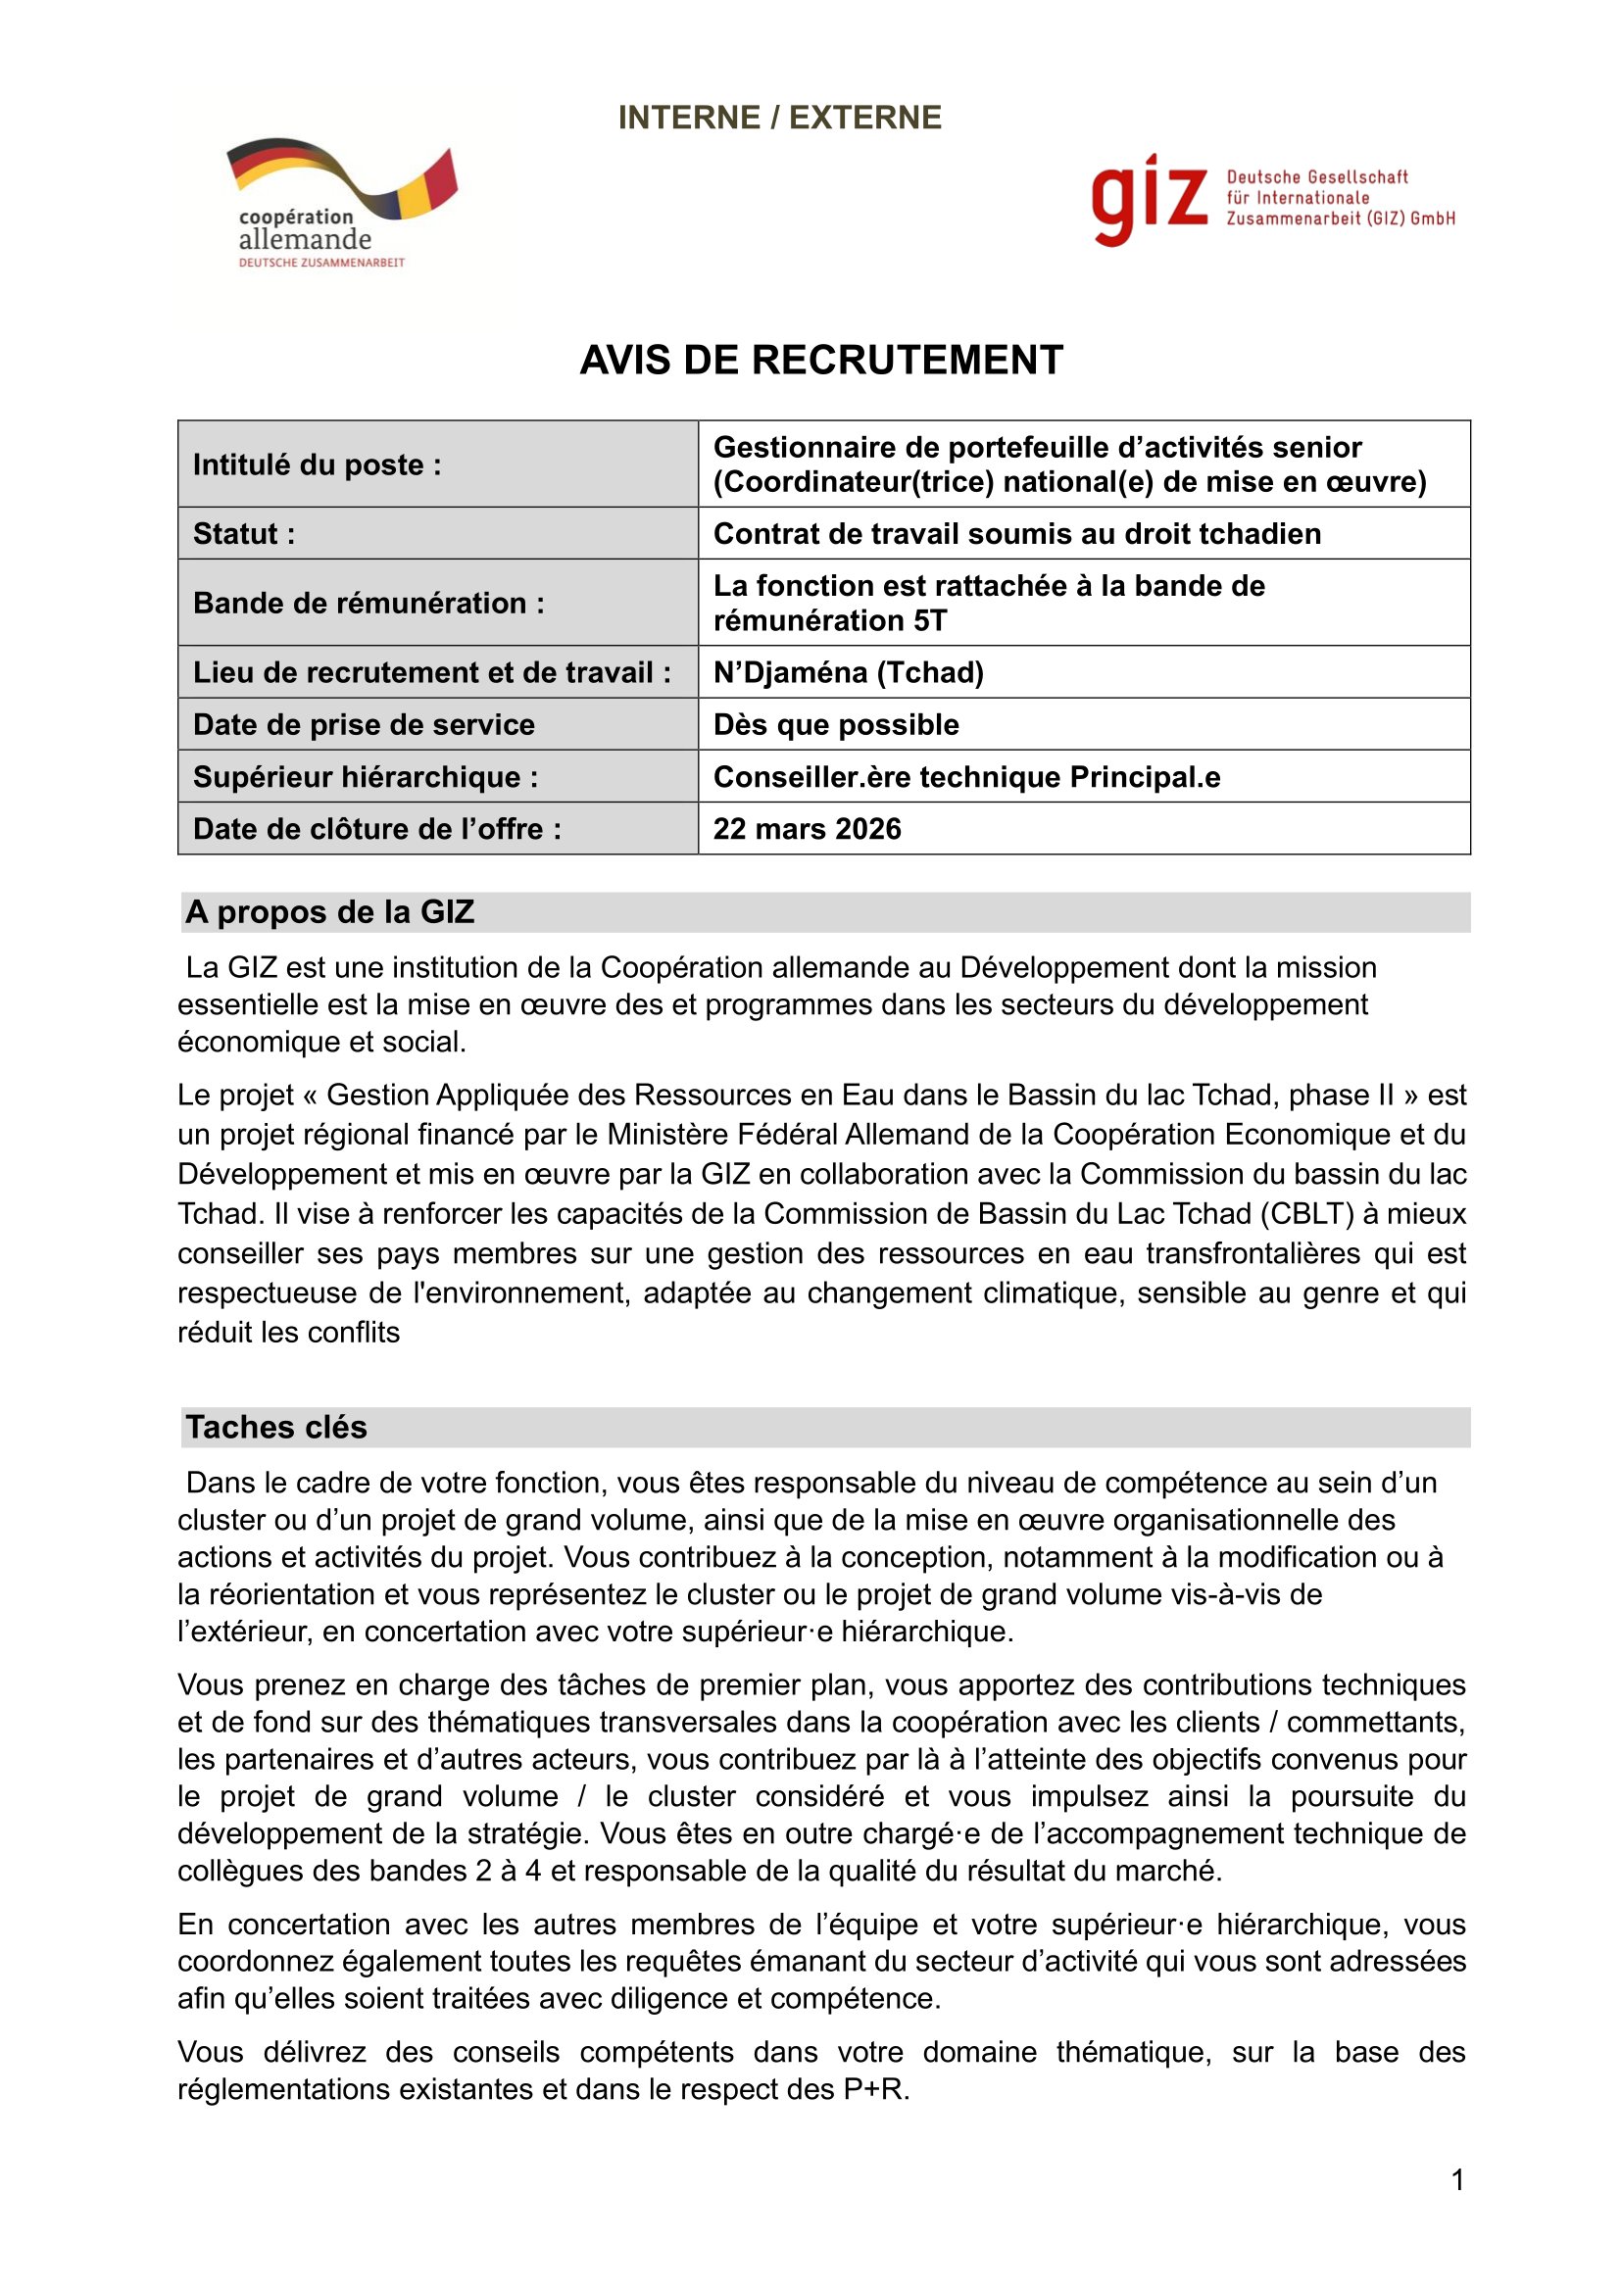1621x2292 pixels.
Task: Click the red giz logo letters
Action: coord(1149,199)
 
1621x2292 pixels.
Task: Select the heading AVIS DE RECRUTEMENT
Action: coord(820,361)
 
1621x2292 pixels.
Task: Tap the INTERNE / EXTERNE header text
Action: coord(779,118)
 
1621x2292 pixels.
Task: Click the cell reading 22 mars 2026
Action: coord(807,829)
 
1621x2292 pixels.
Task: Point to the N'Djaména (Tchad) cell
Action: coord(849,673)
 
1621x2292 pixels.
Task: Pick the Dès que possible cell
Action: coord(835,725)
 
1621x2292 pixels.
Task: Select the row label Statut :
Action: coord(244,534)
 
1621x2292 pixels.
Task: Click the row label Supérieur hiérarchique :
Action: coord(366,777)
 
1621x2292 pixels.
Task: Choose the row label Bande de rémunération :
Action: coord(368,603)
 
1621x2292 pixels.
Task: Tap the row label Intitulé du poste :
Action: coord(317,465)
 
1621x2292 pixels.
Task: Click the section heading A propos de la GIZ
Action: coord(329,912)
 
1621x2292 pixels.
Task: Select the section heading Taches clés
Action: coord(276,1428)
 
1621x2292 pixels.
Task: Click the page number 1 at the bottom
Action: coord(1457,2180)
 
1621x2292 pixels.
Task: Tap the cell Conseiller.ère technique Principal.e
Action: coord(966,777)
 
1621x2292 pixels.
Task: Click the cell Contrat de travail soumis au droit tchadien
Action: coord(1016,534)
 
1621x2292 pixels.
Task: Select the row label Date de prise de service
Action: coord(364,725)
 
